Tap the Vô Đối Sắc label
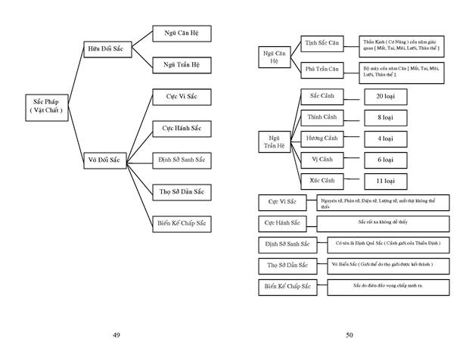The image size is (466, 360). [x=107, y=160]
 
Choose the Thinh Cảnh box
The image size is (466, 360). [x=322, y=119]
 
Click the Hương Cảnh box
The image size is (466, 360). [x=322, y=140]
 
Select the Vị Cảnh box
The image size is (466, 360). [x=322, y=160]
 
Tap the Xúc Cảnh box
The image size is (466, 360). [x=322, y=181]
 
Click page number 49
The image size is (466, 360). [x=116, y=334]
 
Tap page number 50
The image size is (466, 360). [x=349, y=334]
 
